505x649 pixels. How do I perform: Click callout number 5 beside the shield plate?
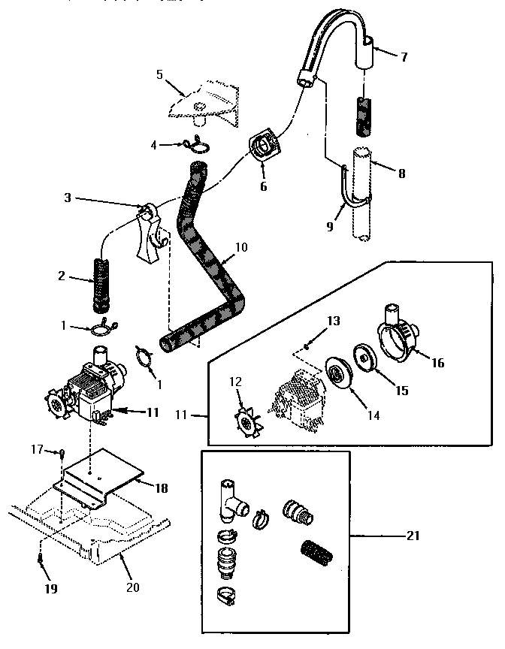159,74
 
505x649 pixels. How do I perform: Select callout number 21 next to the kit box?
413,536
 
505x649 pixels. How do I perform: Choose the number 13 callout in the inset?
334,321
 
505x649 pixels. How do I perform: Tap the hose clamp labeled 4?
199,143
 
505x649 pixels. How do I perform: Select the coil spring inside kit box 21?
316,555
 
